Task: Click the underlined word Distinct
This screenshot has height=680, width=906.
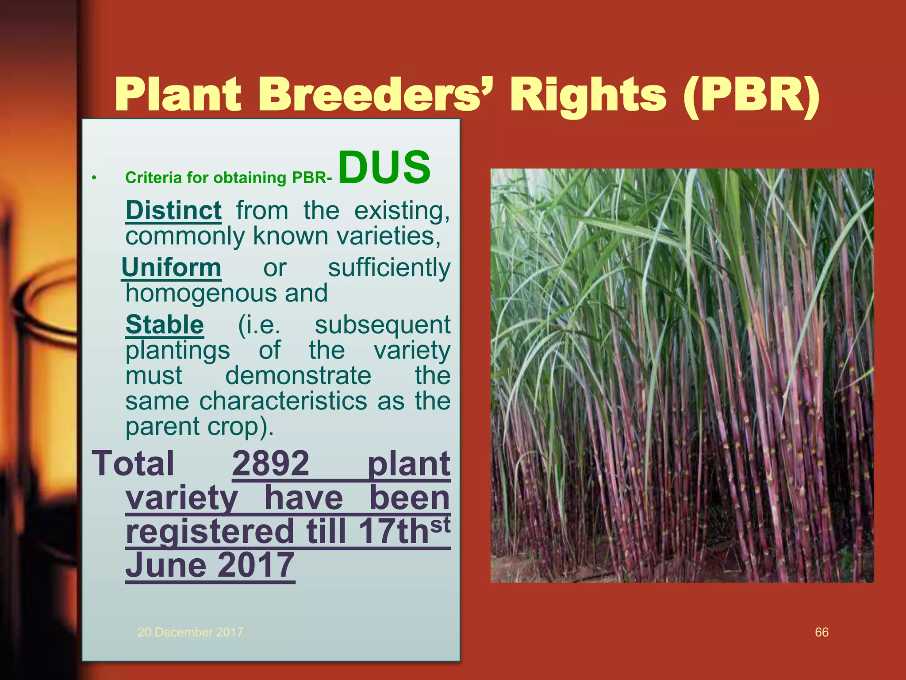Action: click(173, 210)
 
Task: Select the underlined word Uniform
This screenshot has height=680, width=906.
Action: click(171, 268)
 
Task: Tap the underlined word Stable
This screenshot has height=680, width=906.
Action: click(165, 325)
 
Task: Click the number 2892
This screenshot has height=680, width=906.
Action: click(271, 464)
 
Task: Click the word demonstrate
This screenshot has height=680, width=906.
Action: click(298, 375)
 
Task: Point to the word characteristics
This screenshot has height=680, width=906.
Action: click(283, 401)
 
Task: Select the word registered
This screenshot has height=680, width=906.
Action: click(210, 532)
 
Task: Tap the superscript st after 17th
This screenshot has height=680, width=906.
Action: click(440, 525)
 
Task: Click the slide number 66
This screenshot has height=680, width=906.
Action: click(822, 632)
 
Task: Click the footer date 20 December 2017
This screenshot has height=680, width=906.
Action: click(190, 632)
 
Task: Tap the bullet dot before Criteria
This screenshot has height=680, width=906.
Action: click(94, 178)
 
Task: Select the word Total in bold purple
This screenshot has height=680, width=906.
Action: click(133, 464)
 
